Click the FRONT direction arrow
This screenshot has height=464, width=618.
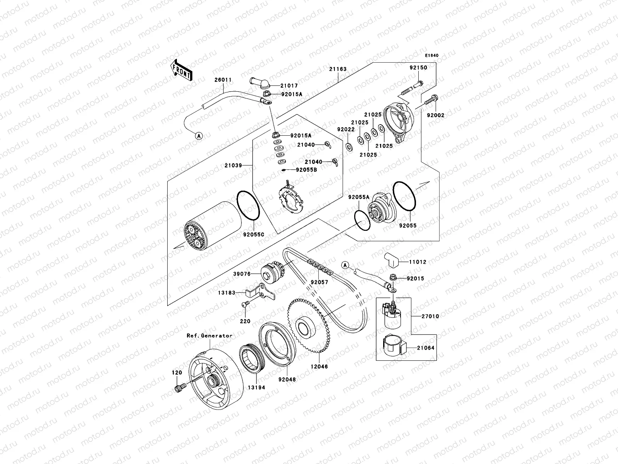[x=182, y=70]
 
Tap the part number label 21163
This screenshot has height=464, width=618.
[x=338, y=69]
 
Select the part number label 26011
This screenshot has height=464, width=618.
[x=223, y=80]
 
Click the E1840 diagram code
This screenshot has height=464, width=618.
[x=432, y=55]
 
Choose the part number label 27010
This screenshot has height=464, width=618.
[x=430, y=316]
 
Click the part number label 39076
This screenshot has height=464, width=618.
[x=242, y=274]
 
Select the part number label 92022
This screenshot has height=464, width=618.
[x=345, y=130]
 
